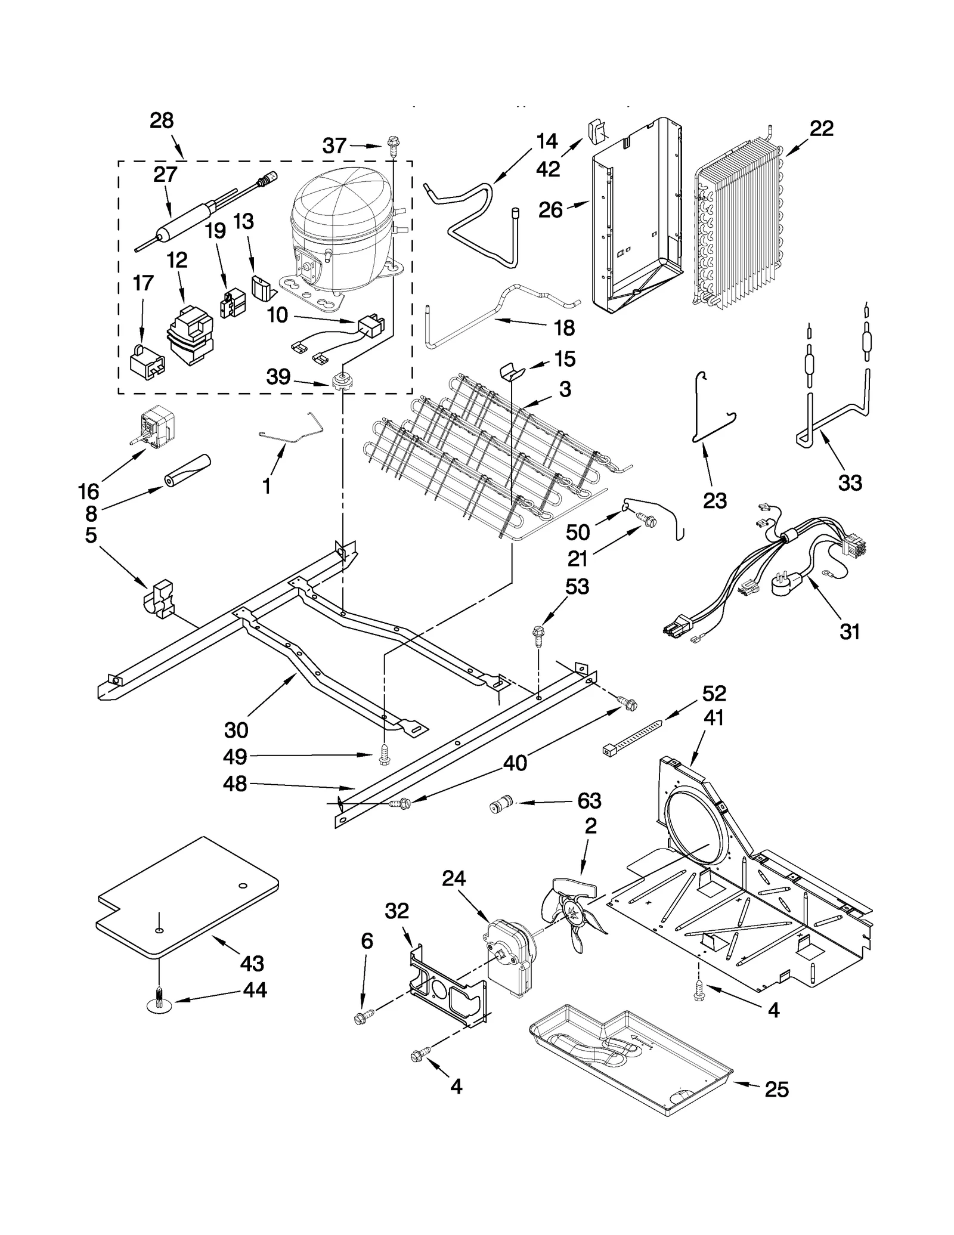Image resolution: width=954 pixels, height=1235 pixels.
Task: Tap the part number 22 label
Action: tap(821, 129)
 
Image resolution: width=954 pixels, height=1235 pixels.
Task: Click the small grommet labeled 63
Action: tap(501, 804)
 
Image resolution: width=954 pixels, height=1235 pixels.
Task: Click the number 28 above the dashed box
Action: tap(162, 121)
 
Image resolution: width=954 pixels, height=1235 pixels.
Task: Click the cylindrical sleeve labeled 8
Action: tap(188, 471)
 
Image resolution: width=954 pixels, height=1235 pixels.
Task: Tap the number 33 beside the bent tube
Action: tap(850, 483)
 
